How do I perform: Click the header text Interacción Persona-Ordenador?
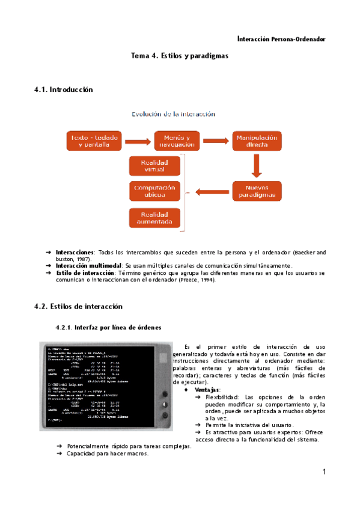(x=281, y=39)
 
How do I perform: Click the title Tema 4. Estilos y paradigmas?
(x=180, y=56)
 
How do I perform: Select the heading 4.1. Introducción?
(x=64, y=90)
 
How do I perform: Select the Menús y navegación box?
(x=176, y=141)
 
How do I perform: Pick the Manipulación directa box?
(x=257, y=141)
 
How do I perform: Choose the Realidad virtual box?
(x=154, y=166)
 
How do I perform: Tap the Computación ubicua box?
(x=154, y=191)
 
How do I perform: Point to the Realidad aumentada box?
(x=154, y=218)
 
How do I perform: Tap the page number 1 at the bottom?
(x=323, y=472)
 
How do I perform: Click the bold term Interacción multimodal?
(x=89, y=265)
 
